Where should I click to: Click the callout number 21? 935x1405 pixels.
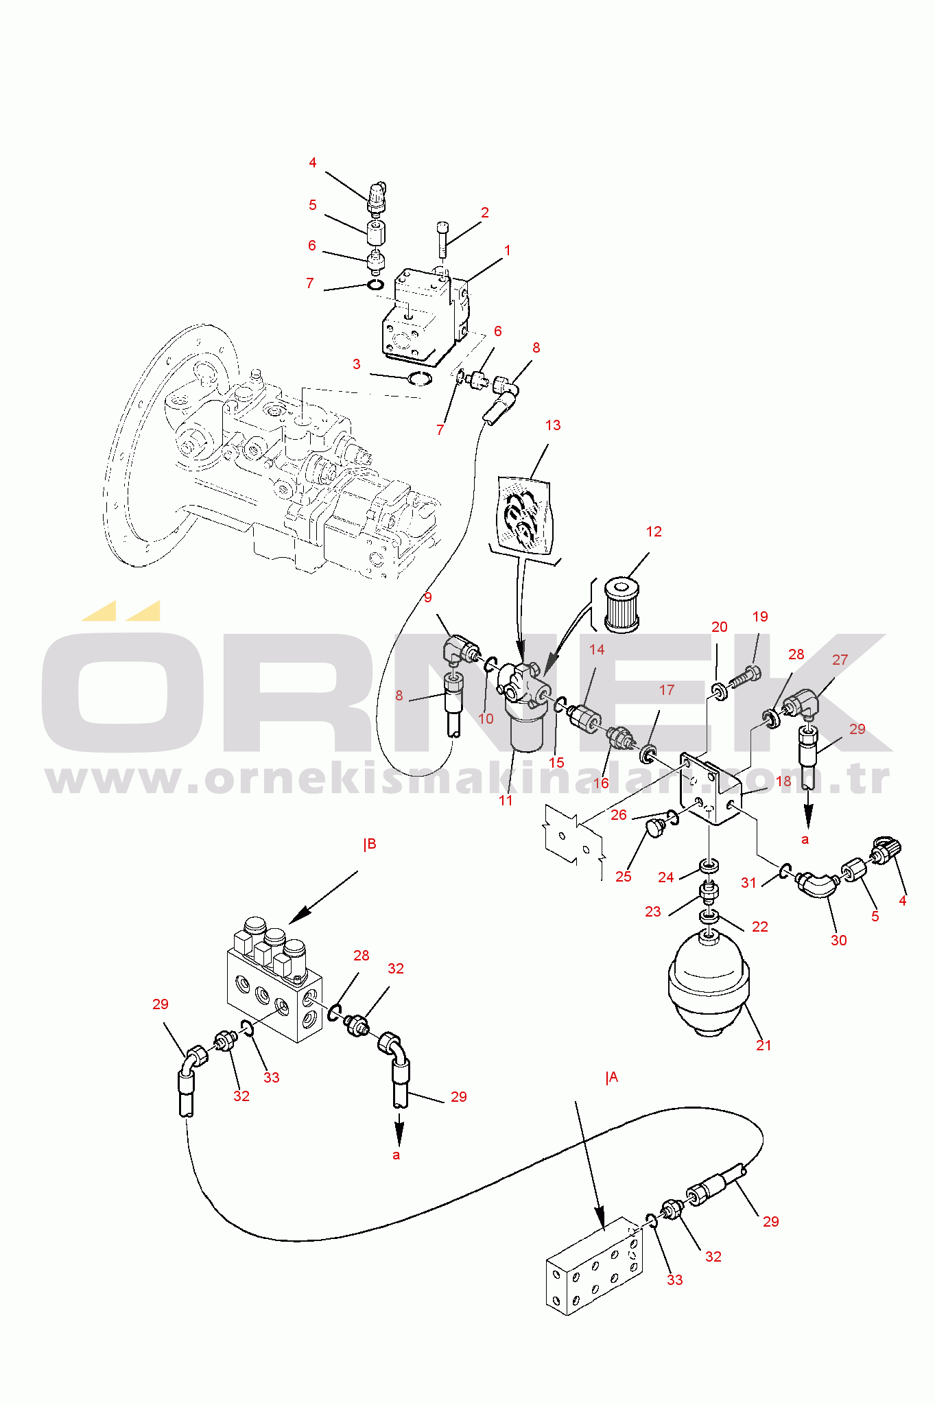[x=764, y=1045]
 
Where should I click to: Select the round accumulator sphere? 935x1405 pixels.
[x=709, y=982]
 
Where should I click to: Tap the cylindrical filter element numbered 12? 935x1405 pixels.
[x=622, y=604]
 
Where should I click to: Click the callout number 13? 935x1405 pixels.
[x=553, y=425]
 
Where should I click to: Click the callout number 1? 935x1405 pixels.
[x=508, y=250]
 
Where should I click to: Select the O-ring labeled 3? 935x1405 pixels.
[x=418, y=377]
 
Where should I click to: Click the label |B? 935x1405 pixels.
[x=370, y=844]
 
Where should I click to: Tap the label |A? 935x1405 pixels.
[x=612, y=1077]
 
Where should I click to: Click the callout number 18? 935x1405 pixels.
[x=783, y=781]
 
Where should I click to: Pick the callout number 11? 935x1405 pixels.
[x=506, y=800]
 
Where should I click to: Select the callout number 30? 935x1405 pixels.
[x=839, y=940]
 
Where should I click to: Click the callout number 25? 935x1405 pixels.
[x=623, y=876]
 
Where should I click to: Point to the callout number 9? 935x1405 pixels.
[x=428, y=598]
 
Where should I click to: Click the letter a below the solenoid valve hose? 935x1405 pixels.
[x=396, y=1155]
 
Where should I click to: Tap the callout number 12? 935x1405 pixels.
[x=654, y=532]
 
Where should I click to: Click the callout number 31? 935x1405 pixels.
[x=748, y=882]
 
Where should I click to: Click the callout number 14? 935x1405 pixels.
[x=597, y=649]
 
